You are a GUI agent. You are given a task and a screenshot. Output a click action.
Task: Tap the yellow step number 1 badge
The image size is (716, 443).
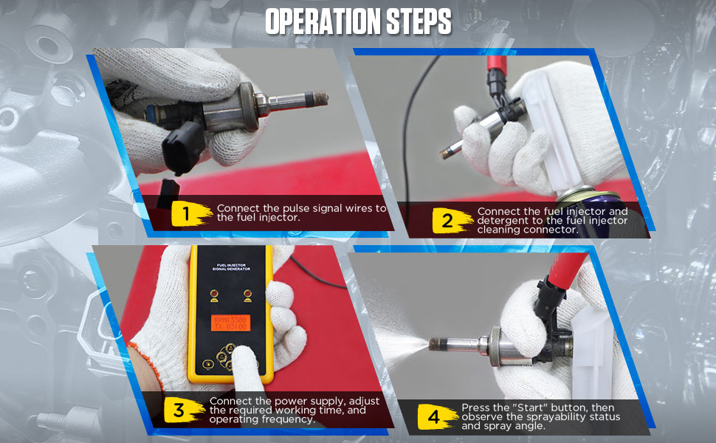coord(186,214)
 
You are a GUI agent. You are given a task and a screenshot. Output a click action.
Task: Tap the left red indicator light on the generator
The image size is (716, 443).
coord(215,295)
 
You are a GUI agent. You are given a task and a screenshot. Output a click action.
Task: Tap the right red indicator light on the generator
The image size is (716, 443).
coord(249,295)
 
